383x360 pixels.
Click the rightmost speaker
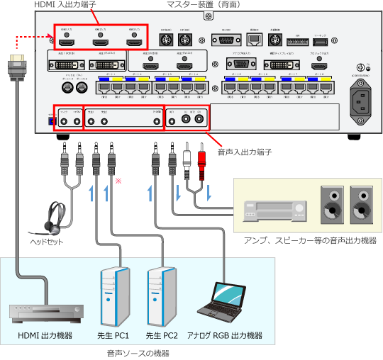tap(360, 205)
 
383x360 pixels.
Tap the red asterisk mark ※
tap(118, 182)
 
